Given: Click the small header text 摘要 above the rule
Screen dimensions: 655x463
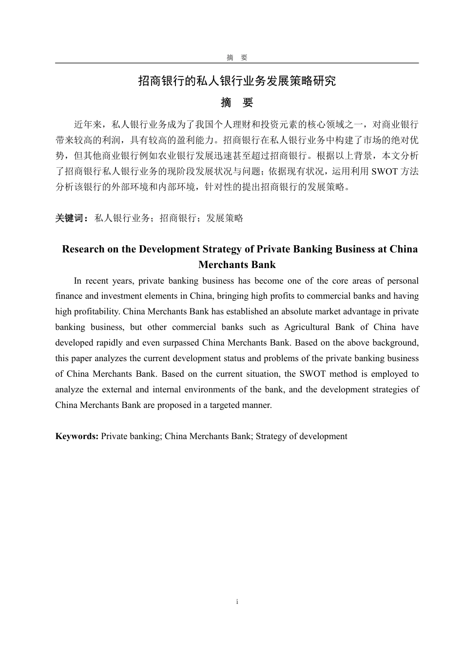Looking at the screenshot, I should click(x=237, y=58).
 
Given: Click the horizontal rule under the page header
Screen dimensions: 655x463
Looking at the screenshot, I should click(x=237, y=63).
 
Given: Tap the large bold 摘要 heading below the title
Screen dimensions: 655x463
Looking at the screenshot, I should click(x=237, y=103).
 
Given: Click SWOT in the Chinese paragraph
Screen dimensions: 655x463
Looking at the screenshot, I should click(x=385, y=171).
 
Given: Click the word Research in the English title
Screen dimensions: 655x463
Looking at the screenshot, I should click(x=83, y=249).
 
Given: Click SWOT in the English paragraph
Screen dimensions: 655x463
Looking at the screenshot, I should click(x=312, y=374).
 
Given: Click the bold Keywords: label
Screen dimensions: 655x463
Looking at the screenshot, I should click(x=77, y=436).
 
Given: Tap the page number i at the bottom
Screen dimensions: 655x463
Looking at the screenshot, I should click(x=237, y=602).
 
